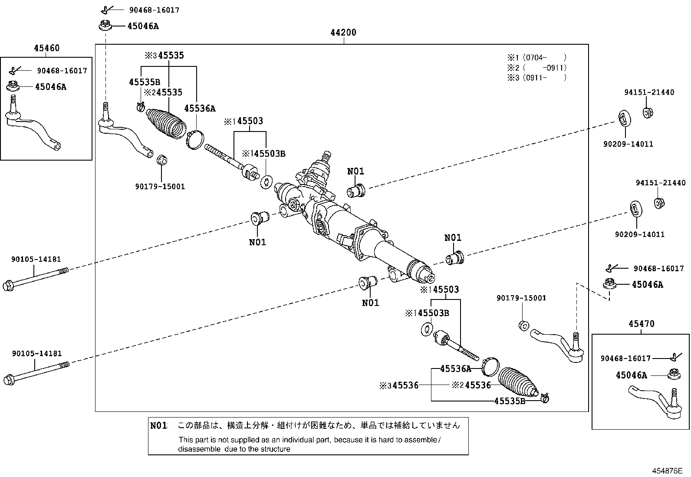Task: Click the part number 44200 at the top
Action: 343,33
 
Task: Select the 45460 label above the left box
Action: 46,48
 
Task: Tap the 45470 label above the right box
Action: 642,324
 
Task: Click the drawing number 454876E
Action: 667,471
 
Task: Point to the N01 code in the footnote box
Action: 158,426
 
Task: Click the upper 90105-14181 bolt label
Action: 36,259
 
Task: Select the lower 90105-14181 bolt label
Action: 37,354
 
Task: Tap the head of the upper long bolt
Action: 8,286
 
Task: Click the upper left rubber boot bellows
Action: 167,123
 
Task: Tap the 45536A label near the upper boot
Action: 200,109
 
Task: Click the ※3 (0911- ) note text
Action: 537,77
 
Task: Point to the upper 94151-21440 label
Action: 649,92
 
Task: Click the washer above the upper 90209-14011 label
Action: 625,118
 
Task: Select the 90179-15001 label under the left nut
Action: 160,187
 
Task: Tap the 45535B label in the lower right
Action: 510,401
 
